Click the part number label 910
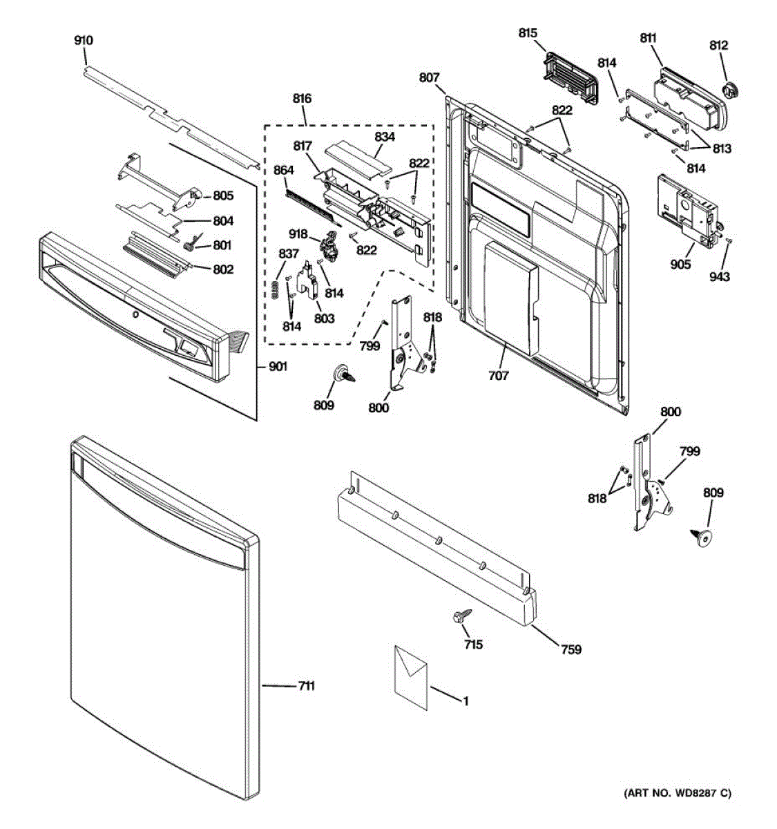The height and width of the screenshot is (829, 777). [x=84, y=41]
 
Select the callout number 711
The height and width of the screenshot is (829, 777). [x=306, y=686]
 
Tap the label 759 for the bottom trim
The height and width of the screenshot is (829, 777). [x=571, y=649]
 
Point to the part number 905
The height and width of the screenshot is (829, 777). [x=680, y=264]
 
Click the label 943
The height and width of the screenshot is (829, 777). [x=719, y=276]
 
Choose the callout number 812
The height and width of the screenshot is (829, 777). [x=719, y=46]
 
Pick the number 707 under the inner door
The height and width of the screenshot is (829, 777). [x=498, y=376]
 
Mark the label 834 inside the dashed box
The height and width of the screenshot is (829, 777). [x=385, y=137]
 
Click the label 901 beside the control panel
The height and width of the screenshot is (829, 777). [x=278, y=367]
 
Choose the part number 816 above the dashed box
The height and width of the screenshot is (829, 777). [x=302, y=99]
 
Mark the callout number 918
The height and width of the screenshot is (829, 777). [x=298, y=235]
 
